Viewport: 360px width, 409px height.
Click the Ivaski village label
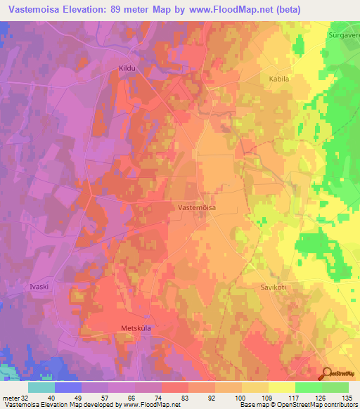click(39, 287)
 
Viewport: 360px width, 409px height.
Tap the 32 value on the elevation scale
click(25, 397)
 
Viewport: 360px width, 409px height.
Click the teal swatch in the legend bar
click(41, 387)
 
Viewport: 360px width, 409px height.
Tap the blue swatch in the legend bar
click(68, 387)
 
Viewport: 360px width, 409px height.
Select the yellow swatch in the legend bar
click(282, 387)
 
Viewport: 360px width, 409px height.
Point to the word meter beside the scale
click(10, 397)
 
